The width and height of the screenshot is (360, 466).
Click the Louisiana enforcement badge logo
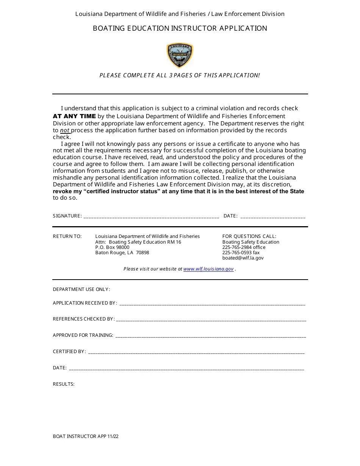click(x=180, y=55)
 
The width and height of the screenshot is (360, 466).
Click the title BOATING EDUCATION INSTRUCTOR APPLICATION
click(x=180, y=28)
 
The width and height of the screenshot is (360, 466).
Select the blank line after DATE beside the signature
click(x=273, y=216)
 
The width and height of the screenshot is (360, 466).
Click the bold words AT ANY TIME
click(x=74, y=116)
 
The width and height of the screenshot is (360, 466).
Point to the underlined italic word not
click(x=65, y=130)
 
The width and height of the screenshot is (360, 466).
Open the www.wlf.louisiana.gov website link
click(x=208, y=269)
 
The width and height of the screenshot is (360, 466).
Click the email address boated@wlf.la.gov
click(x=243, y=258)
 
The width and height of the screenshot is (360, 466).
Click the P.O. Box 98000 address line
click(x=112, y=247)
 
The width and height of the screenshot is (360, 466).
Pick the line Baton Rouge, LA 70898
click(x=122, y=253)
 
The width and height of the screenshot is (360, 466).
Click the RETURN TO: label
click(x=67, y=236)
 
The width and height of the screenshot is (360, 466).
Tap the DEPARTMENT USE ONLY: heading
click(x=81, y=289)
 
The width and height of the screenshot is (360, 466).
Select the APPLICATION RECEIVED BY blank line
click(x=212, y=303)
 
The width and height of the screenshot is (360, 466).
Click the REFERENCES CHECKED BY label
click(x=83, y=319)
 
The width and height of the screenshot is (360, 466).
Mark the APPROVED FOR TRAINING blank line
click(x=210, y=336)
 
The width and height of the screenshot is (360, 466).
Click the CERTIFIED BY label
click(x=69, y=352)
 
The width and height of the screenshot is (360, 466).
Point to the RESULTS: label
click(x=64, y=384)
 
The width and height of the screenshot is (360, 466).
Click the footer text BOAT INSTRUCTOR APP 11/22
click(x=86, y=436)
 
